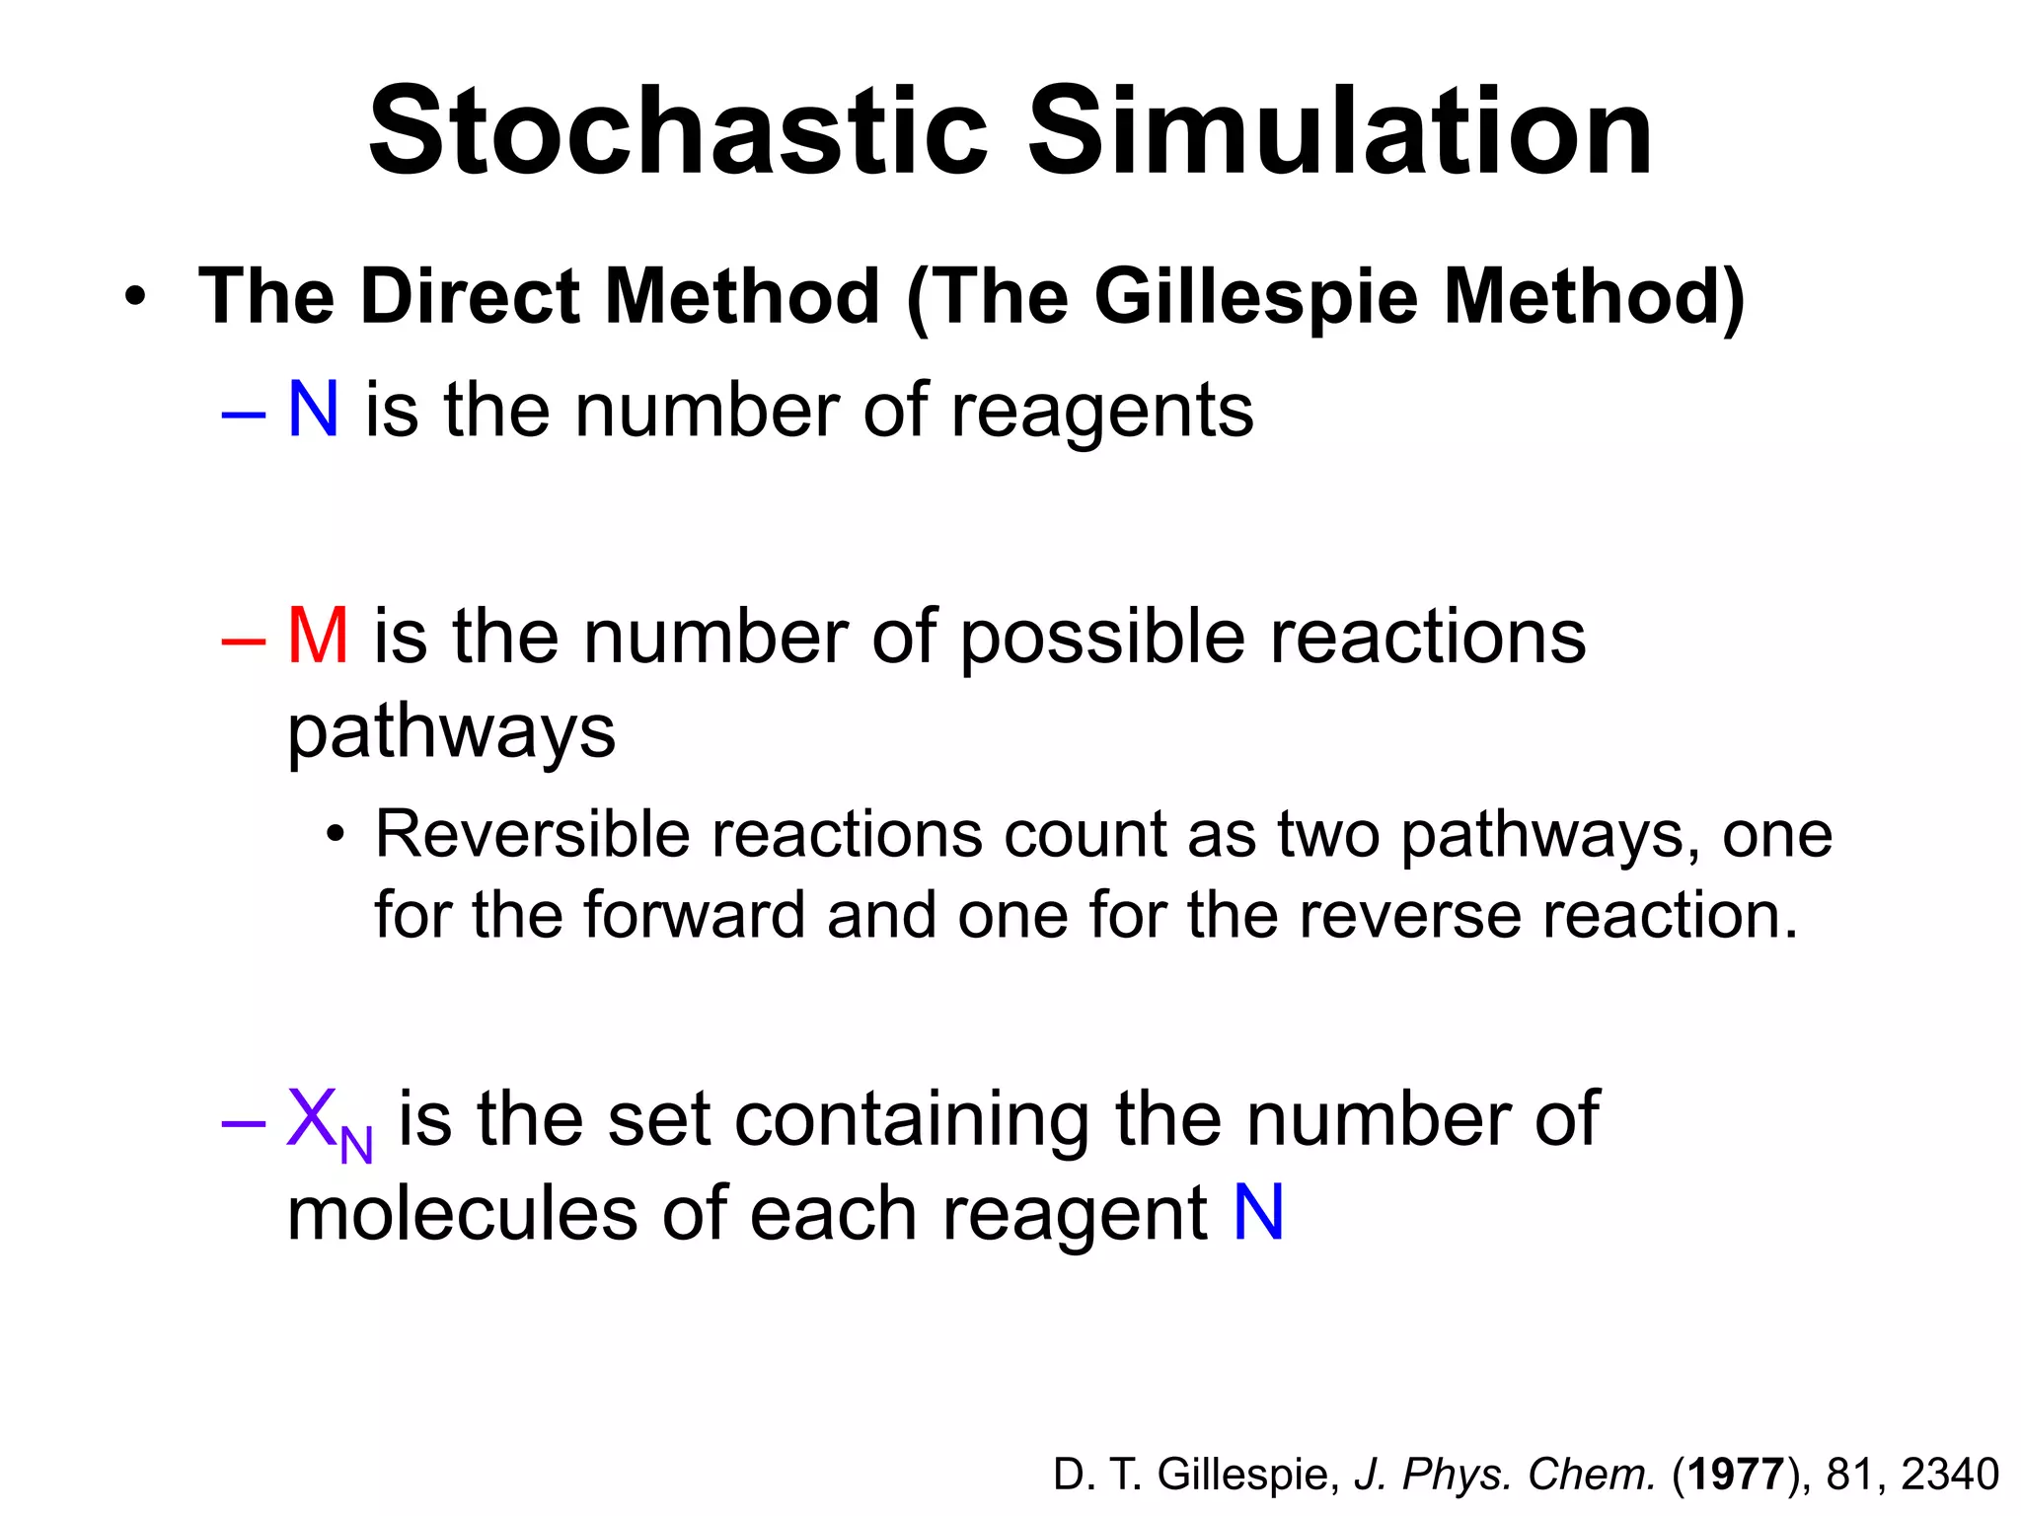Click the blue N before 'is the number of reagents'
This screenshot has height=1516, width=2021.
pyautogui.click(x=313, y=410)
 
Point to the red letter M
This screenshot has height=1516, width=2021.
pyautogui.click(x=318, y=637)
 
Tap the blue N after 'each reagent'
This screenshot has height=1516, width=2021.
pyautogui.click(x=1258, y=1213)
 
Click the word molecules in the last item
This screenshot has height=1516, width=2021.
pyautogui.click(x=463, y=1213)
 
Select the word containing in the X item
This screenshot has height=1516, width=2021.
pyautogui.click(x=912, y=1120)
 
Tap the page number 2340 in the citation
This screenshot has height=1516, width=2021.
pyautogui.click(x=1949, y=1475)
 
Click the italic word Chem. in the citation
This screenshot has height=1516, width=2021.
pyautogui.click(x=1591, y=1475)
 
